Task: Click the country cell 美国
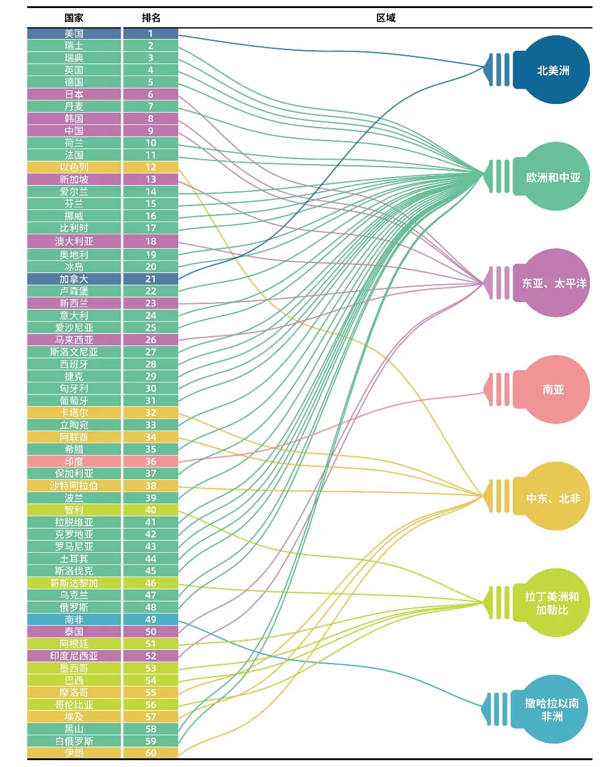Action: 74,33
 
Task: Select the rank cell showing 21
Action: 150,279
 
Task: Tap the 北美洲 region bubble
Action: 552,70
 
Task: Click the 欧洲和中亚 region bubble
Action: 552,177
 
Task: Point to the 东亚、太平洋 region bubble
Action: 552,283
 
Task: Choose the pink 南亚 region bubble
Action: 552,389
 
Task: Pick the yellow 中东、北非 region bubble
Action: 552,497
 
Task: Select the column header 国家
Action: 74,18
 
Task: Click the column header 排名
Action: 150,18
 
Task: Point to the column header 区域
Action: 386,18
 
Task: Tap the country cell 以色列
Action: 74,167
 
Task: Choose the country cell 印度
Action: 74,462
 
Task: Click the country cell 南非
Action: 74,620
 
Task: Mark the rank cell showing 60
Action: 150,753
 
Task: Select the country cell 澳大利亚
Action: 74,241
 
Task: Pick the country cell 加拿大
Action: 74,279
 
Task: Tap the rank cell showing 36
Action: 150,462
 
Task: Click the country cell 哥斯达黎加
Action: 74,583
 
